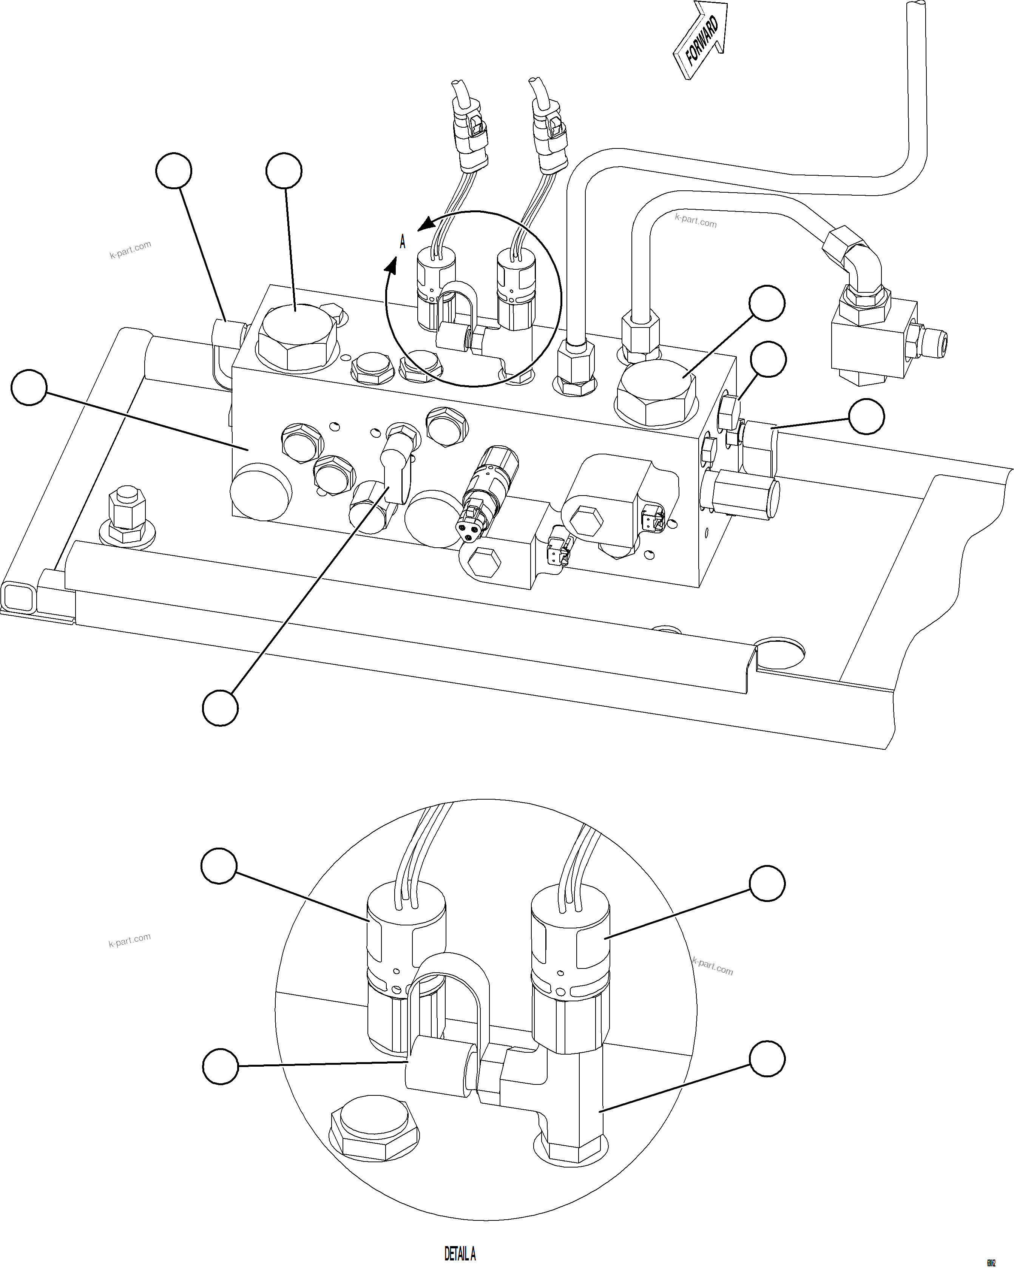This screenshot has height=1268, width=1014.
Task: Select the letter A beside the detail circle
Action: tap(402, 242)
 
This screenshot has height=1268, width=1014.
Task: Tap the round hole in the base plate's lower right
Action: tap(781, 654)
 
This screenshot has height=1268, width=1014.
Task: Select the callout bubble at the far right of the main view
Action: tap(866, 416)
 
